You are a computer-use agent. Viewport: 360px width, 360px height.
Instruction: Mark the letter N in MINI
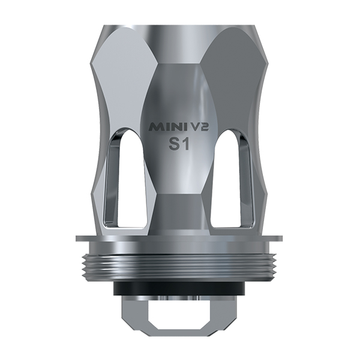click(169, 127)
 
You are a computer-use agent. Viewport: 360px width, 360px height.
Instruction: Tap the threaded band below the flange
click(179, 261)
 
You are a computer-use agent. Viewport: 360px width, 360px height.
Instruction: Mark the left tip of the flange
click(78, 238)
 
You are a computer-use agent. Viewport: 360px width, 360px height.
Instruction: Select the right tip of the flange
click(282, 238)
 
